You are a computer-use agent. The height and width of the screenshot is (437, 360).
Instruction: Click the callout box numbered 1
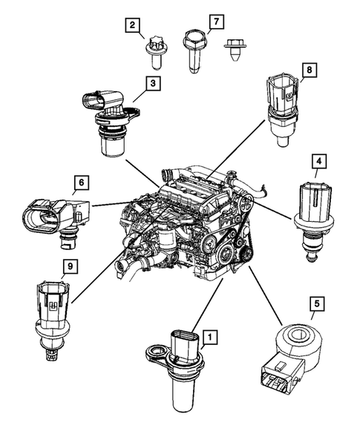pos(210,338)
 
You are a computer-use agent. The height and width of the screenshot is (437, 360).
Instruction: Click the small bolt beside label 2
pos(157,50)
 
